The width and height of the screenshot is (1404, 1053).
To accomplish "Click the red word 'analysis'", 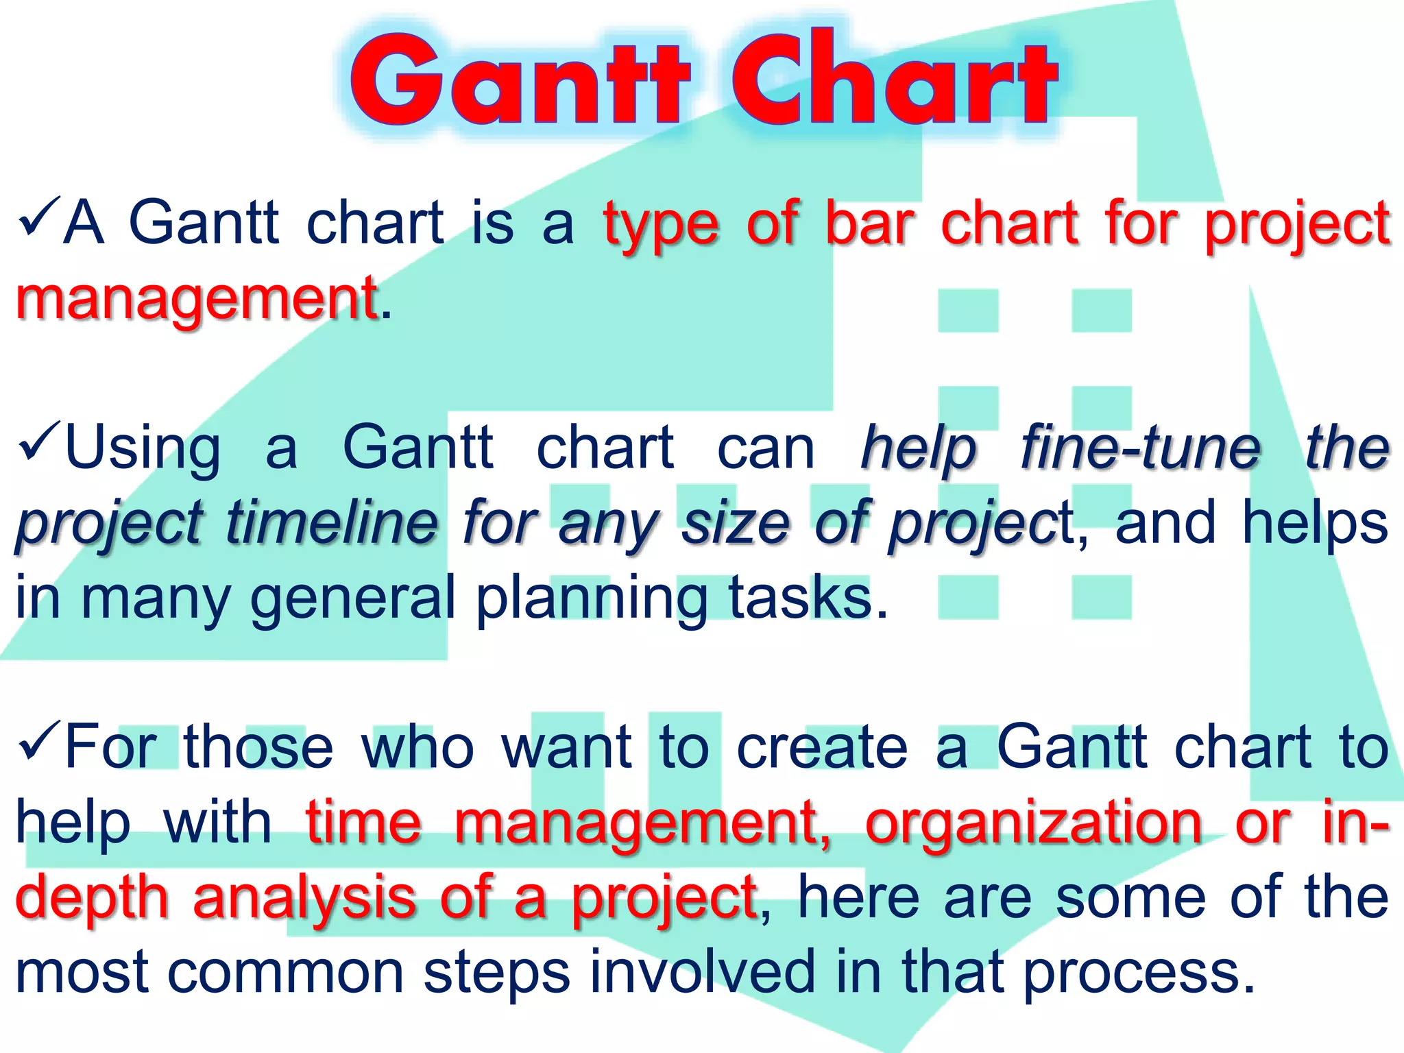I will (x=304, y=898).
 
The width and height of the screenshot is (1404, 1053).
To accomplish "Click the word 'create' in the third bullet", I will (x=823, y=747).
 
